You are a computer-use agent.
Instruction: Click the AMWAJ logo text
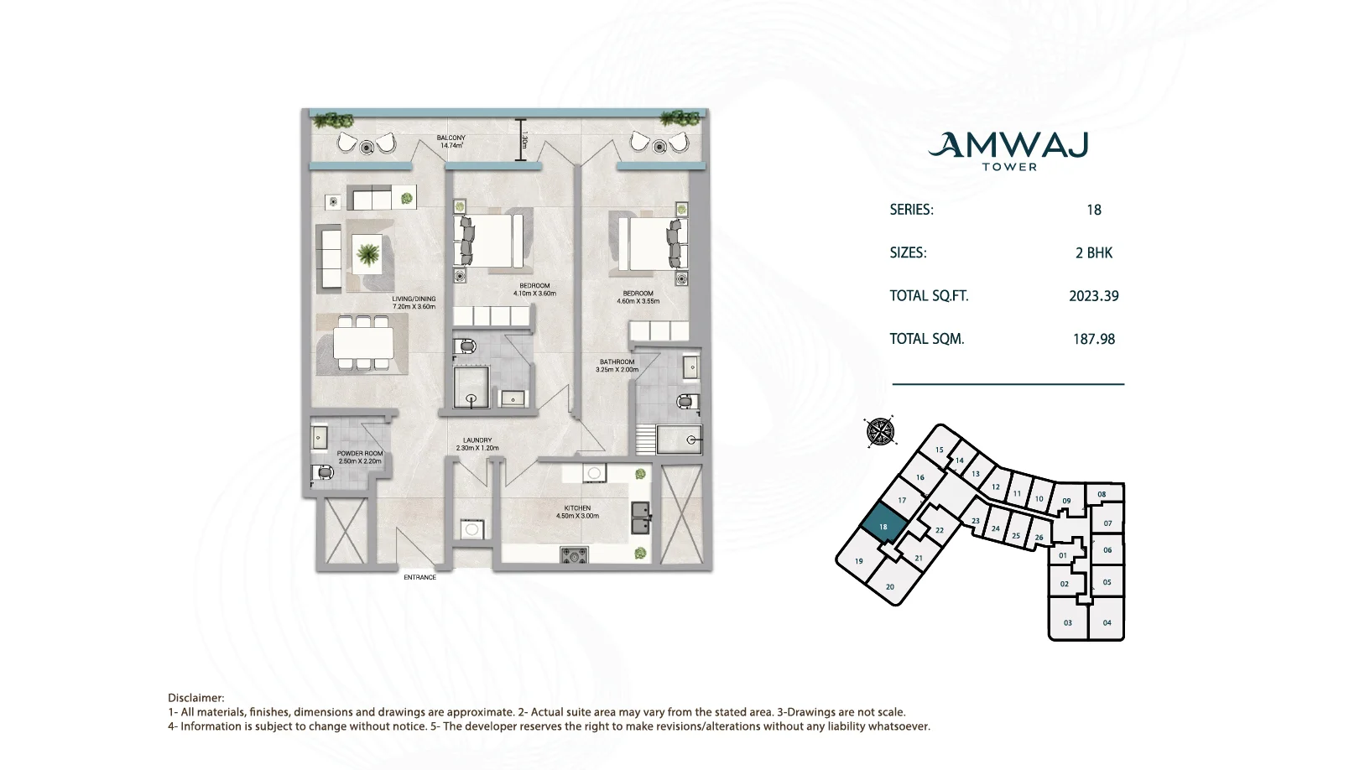(1008, 146)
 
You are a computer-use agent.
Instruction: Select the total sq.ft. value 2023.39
(1093, 296)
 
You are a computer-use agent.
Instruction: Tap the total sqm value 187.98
(1093, 339)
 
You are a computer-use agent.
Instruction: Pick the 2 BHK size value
(1093, 252)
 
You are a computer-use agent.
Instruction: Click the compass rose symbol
(880, 431)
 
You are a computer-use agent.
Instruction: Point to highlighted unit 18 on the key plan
(883, 524)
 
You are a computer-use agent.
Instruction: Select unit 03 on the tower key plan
(1067, 622)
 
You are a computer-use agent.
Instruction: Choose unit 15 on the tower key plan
(939, 450)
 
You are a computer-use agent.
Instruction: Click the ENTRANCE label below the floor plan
(419, 577)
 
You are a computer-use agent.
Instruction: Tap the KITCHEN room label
(577, 508)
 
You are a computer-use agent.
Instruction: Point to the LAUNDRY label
(477, 440)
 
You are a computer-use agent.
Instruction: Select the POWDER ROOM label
(360, 454)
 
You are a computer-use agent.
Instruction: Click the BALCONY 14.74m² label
(451, 142)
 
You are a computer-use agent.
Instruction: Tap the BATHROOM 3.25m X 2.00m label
(617, 366)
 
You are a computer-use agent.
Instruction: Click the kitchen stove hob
(574, 555)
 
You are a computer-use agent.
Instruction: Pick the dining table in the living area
(362, 342)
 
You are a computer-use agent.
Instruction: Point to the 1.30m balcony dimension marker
(520, 140)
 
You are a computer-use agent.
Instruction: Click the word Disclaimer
(195, 698)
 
